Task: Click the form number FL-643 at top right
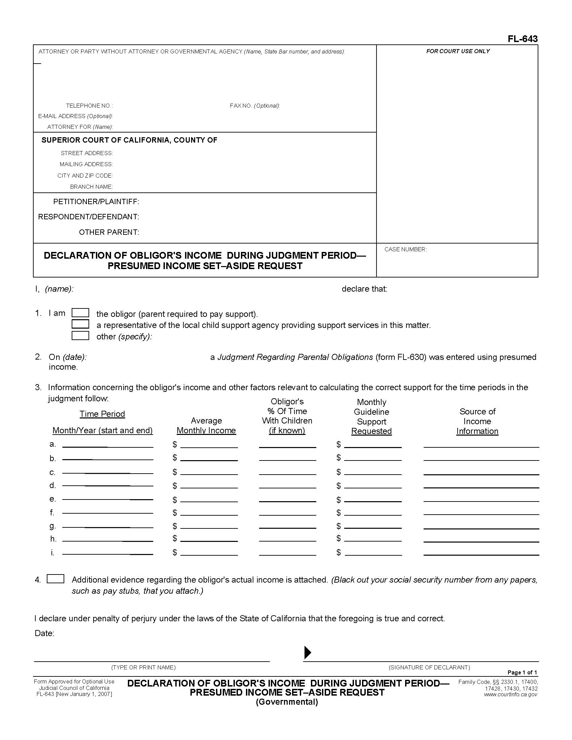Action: [x=522, y=39]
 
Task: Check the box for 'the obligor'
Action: [x=80, y=313]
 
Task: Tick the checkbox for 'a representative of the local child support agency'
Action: [x=80, y=324]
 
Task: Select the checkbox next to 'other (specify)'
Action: [x=80, y=336]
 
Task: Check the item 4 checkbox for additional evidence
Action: [x=56, y=579]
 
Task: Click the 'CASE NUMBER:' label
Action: [x=405, y=249]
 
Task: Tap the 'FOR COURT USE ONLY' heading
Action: [x=458, y=51]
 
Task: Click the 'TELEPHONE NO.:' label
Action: [x=90, y=106]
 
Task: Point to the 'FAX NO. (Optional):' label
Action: [x=254, y=106]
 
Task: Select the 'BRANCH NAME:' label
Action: [x=91, y=187]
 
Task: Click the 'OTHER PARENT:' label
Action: [x=109, y=232]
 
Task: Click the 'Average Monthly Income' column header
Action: [x=206, y=425]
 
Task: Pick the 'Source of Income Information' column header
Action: [x=477, y=421]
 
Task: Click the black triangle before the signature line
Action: [x=307, y=653]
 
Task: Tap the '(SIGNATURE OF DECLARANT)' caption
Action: [x=429, y=667]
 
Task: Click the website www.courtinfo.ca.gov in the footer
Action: [x=510, y=694]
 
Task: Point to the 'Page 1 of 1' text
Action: [x=522, y=672]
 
